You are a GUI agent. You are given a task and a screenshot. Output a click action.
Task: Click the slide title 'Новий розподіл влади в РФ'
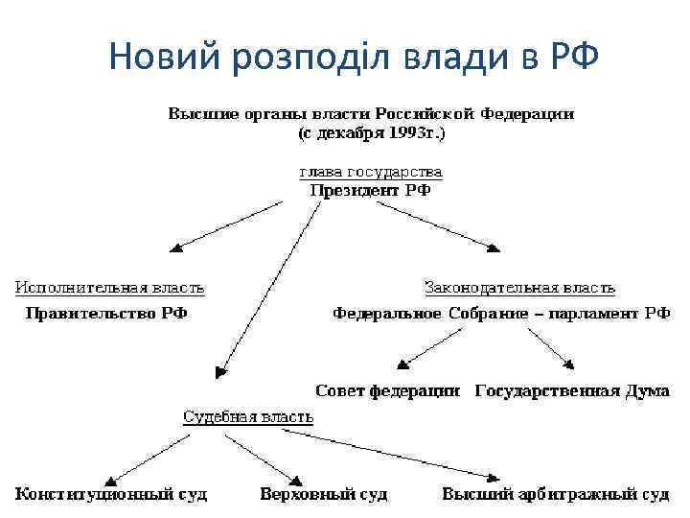354,57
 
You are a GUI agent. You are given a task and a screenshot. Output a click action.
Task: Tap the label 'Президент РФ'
371,190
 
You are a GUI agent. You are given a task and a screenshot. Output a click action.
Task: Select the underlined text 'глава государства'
371,173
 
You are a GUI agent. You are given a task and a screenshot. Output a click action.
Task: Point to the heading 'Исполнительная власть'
109,287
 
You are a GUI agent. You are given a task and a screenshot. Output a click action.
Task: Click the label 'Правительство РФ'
105,313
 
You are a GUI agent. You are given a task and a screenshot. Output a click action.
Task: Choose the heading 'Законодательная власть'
519,287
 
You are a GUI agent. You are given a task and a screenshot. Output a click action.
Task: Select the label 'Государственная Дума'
571,390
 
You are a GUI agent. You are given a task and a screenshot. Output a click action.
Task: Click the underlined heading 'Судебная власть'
248,416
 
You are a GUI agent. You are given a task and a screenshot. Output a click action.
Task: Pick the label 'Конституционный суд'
111,495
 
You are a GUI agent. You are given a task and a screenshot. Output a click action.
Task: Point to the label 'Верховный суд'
324,495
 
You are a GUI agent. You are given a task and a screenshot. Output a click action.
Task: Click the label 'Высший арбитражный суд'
555,495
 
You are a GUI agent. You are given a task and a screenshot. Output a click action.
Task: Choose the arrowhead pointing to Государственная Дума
570,365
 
